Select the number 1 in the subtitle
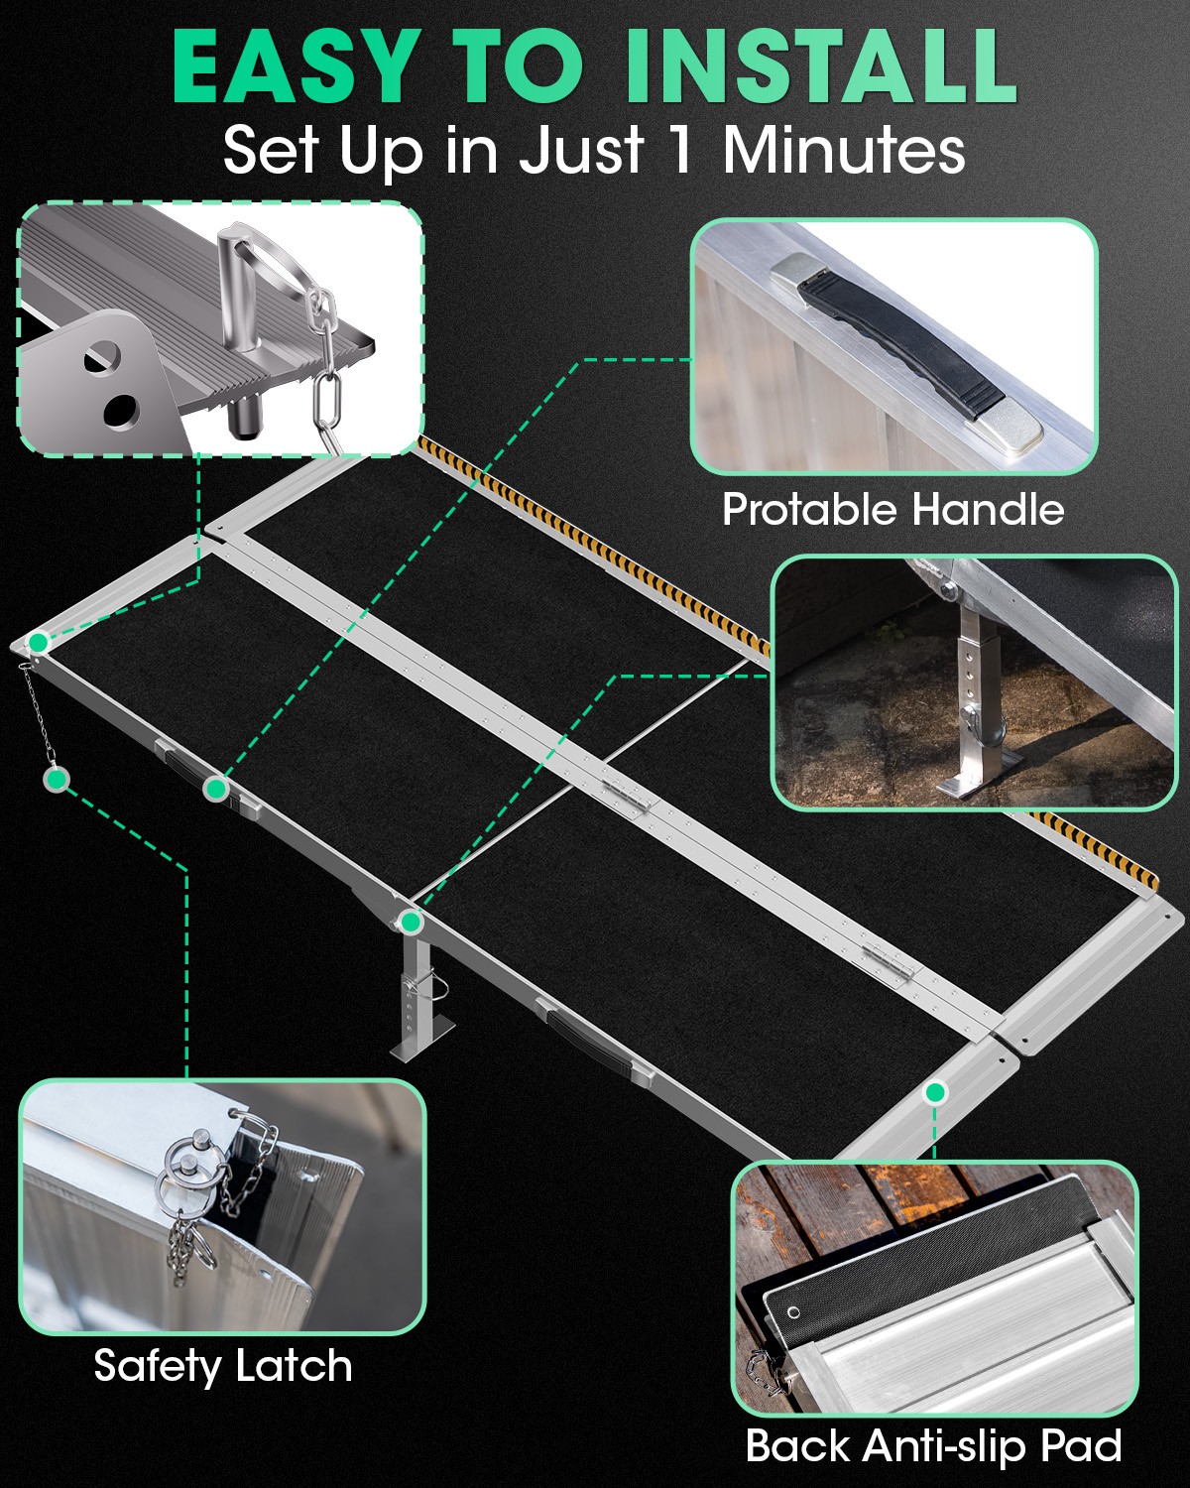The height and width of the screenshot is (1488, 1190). coord(678,151)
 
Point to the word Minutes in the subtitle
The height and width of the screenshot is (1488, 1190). coord(844,151)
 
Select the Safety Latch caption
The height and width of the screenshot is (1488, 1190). coord(223,1366)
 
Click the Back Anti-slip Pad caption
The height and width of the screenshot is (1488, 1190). coord(933,1445)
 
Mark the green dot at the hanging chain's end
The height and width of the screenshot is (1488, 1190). coord(57,780)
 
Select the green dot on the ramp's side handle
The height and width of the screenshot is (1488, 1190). coord(216,789)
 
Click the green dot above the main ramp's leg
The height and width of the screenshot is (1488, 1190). coord(411,923)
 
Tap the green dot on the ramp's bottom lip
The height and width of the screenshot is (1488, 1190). coord(934,1092)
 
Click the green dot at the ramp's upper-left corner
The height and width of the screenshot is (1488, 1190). coord(38,643)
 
